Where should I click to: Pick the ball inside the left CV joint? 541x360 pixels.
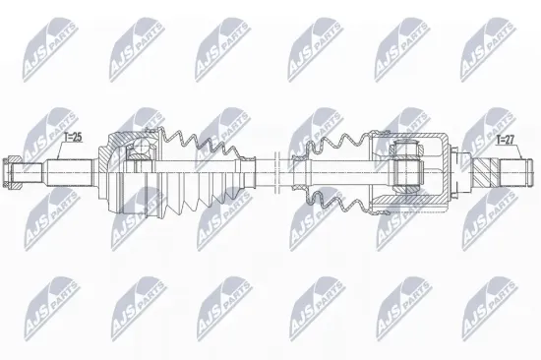pos(139,152)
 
